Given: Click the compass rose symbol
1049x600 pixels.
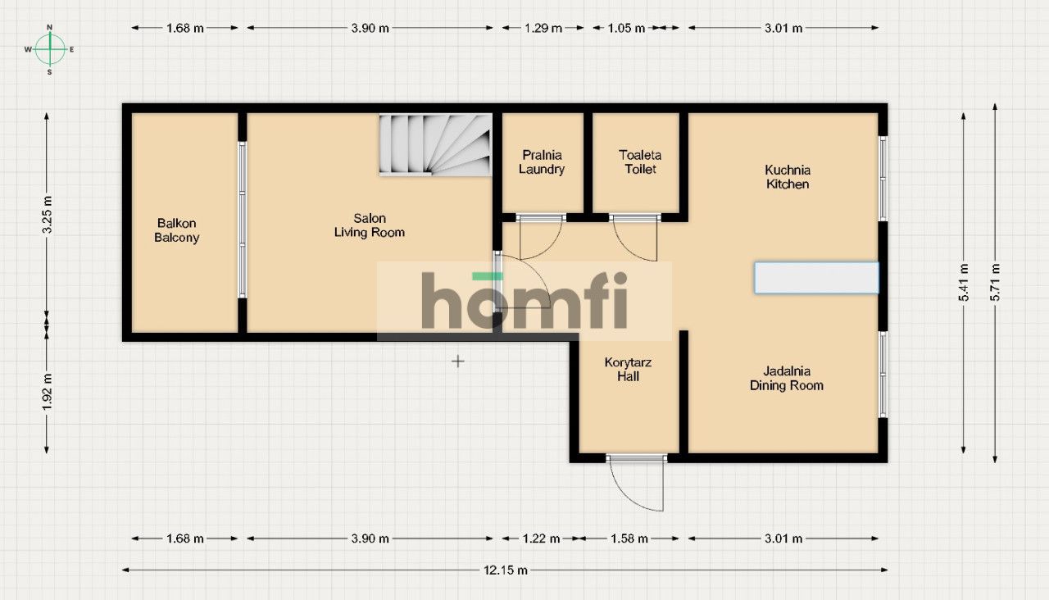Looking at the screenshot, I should [50, 49].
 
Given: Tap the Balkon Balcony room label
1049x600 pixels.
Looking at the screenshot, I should [177, 230].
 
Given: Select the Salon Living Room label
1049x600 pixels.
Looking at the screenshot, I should [370, 225].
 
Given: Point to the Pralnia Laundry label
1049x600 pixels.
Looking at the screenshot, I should [542, 162].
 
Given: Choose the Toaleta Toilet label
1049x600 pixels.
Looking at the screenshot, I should [640, 162].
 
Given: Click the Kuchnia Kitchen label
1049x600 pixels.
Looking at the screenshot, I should [788, 177].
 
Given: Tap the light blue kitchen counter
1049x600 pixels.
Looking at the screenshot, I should [816, 278].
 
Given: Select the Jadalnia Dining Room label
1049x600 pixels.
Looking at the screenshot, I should [787, 379].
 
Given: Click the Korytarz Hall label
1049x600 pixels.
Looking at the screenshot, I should [629, 370].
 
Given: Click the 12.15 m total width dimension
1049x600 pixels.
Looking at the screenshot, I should [505, 570].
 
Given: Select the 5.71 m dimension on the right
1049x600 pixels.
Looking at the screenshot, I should [995, 283].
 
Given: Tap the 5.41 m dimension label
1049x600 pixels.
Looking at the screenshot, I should [964, 283].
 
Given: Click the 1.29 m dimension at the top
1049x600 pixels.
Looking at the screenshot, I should [543, 28].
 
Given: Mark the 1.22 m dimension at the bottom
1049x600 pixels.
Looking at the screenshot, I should [541, 539].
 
